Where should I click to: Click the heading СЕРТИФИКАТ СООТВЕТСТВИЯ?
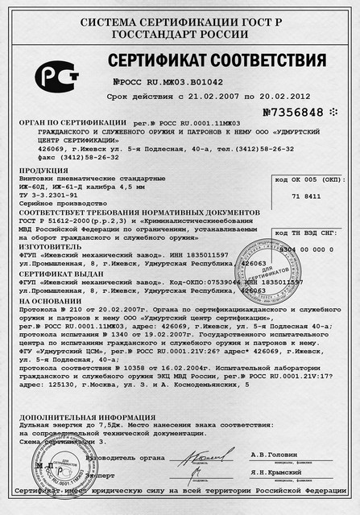click(x=217, y=61)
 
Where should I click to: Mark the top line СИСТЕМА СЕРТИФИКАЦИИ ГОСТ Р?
click(x=180, y=16)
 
